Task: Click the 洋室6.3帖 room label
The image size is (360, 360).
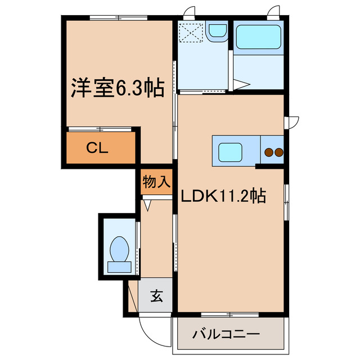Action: (117, 88)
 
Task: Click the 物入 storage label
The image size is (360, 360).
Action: (156, 182)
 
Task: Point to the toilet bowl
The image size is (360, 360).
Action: (119, 248)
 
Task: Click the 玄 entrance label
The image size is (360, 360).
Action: (157, 295)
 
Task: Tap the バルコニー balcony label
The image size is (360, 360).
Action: (232, 334)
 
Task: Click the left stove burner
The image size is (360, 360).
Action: (269, 152)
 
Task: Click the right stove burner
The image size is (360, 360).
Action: (278, 152)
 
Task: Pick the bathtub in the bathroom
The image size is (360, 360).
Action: (258, 38)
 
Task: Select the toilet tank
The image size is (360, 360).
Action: (119, 267)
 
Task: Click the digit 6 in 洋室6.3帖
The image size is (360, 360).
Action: (122, 88)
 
